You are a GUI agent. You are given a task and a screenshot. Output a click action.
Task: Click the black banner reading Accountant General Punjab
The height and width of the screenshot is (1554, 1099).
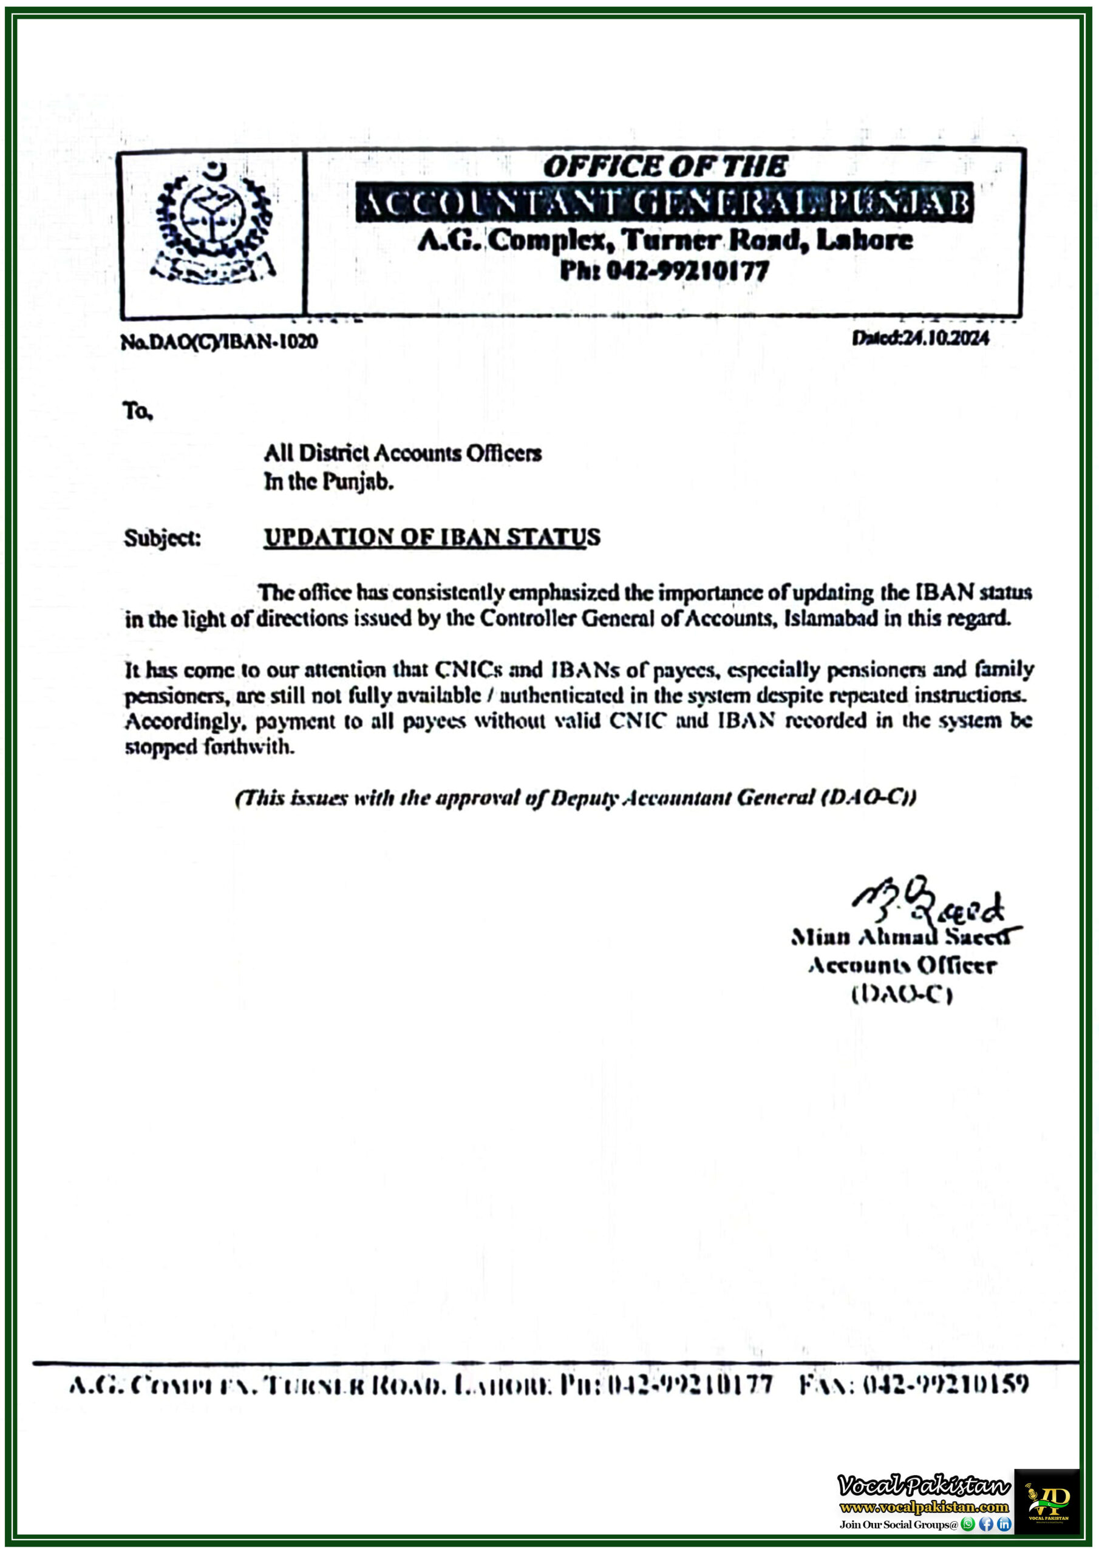(x=664, y=202)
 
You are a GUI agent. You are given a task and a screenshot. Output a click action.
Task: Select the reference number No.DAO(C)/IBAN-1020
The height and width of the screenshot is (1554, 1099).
(x=219, y=342)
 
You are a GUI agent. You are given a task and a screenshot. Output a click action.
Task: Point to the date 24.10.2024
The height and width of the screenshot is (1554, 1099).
(x=942, y=338)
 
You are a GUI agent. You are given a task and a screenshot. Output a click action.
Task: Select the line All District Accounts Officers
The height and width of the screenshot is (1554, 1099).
(x=402, y=453)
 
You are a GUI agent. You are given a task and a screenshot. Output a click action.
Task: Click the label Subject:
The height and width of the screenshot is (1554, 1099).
(x=163, y=538)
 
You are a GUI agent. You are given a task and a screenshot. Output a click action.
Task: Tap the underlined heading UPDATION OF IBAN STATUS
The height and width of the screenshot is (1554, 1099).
(x=431, y=537)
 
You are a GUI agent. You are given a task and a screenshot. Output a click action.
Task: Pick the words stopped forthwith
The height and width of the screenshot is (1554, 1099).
(x=209, y=747)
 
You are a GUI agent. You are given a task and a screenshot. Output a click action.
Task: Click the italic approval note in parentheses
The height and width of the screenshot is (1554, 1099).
(x=576, y=799)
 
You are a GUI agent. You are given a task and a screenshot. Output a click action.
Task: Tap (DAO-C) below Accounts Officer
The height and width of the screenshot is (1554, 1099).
(x=902, y=994)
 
